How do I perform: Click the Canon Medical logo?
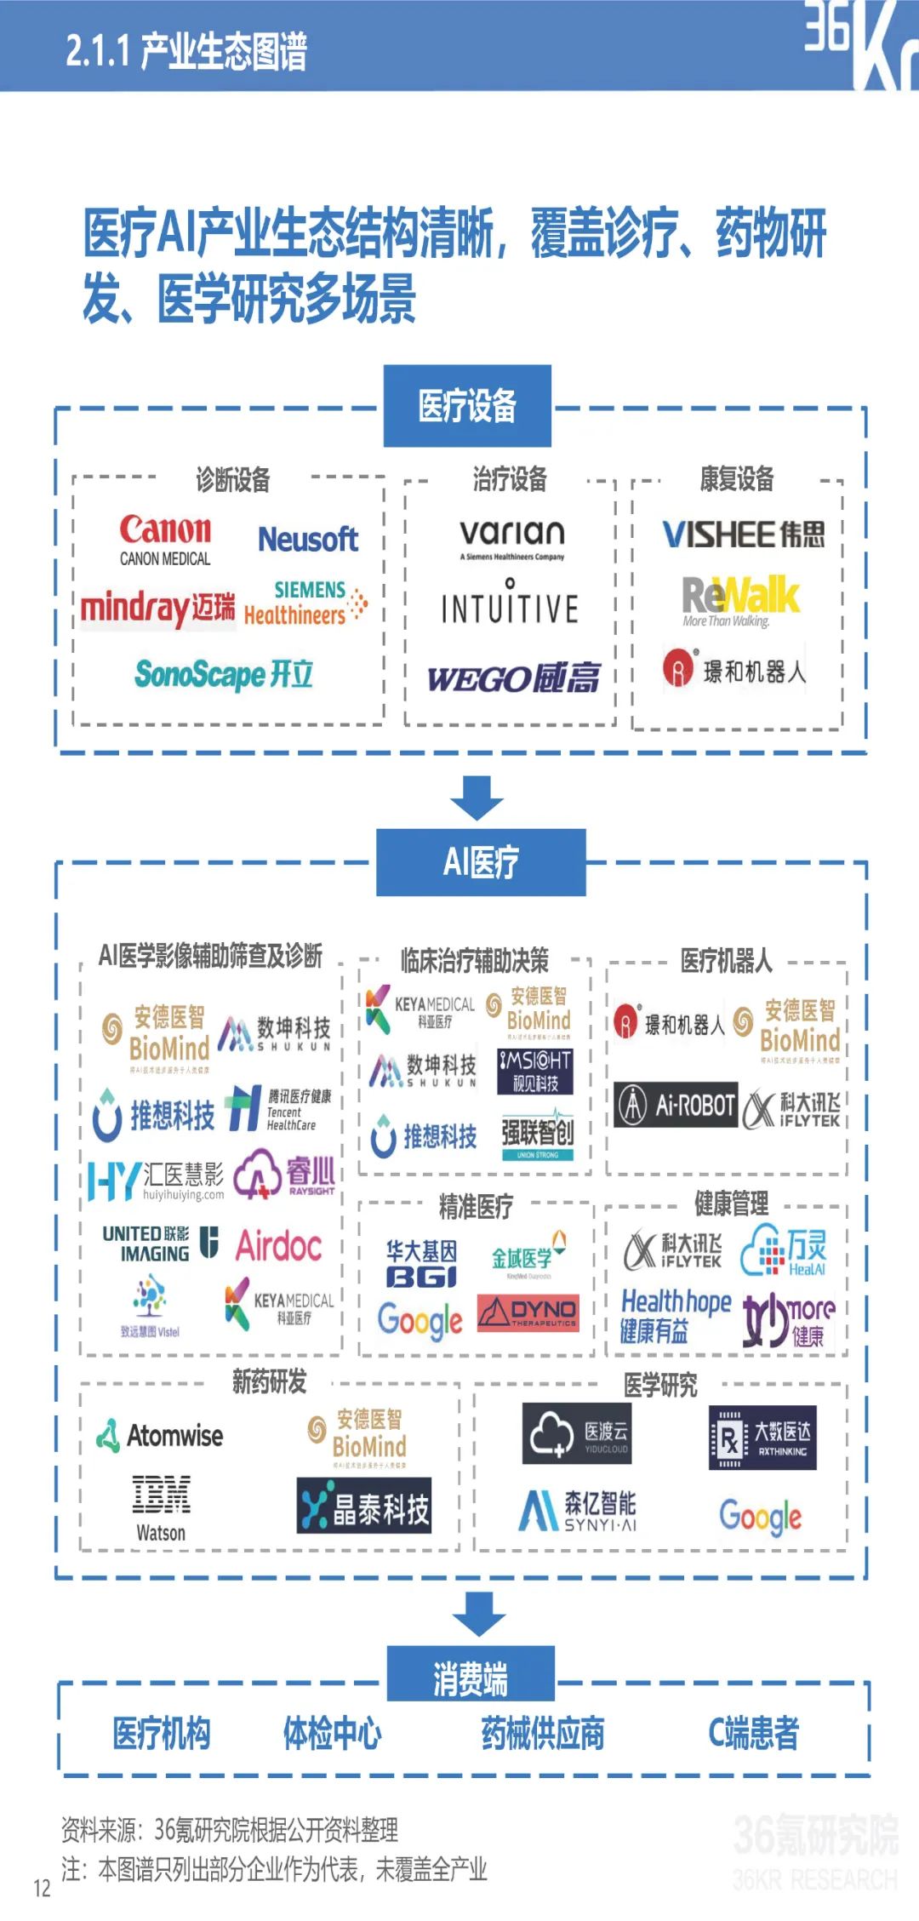tap(165, 540)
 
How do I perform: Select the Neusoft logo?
tap(308, 539)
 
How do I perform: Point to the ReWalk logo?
tap(740, 599)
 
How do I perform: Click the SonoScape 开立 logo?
tap(224, 674)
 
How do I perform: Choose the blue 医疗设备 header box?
tap(467, 406)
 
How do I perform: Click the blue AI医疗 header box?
tap(481, 861)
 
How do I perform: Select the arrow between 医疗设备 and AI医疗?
tap(477, 797)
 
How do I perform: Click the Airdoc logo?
tap(279, 1246)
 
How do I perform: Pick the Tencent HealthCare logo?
tap(279, 1108)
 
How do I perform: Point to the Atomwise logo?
tap(160, 1436)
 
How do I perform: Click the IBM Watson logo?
tap(161, 1509)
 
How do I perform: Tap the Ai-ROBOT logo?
tap(676, 1106)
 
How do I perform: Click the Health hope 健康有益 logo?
tap(676, 1315)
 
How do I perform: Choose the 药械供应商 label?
tap(543, 1733)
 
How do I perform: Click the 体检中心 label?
tap(332, 1733)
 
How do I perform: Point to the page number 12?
tap(43, 1889)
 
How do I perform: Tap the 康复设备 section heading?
tap(737, 479)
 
